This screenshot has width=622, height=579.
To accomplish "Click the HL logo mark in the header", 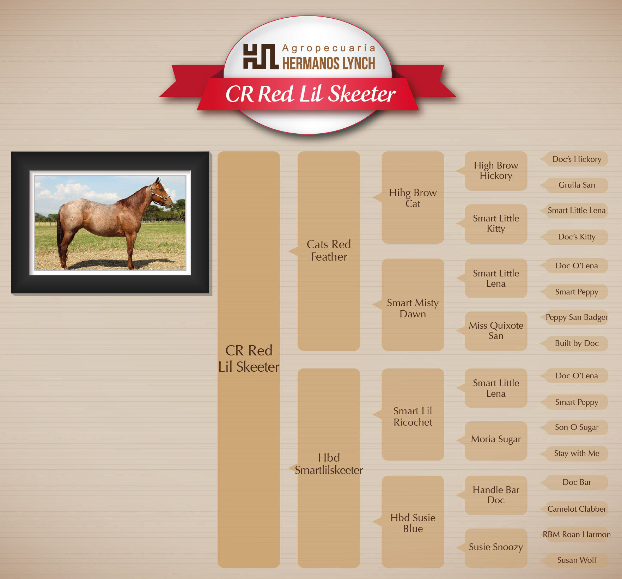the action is [x=261, y=56].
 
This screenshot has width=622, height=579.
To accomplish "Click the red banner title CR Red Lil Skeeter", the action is [x=310, y=94].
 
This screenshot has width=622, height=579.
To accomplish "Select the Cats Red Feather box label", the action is [x=329, y=250].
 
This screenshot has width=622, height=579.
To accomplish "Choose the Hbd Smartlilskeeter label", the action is [x=329, y=464].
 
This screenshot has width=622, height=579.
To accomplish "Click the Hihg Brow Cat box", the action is [x=413, y=197].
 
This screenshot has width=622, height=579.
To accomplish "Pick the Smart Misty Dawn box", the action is [x=413, y=305].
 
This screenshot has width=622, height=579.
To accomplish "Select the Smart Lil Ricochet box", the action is [x=413, y=414].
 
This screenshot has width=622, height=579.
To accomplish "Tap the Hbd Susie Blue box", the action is [x=413, y=522].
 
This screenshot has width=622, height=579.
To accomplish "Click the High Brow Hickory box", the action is [x=496, y=171].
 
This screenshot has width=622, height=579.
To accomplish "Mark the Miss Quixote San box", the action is [x=496, y=331].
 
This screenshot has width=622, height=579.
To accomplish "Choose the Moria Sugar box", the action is [x=496, y=441].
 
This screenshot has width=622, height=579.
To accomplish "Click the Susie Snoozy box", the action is [x=496, y=548].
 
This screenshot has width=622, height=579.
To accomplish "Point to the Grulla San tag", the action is [x=577, y=185].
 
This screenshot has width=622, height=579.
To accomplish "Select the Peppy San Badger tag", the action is [x=577, y=317].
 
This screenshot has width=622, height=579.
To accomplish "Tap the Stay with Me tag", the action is [x=577, y=453].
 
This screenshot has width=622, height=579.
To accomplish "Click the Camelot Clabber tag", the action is [x=577, y=509].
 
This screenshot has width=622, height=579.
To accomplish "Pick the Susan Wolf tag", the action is [x=577, y=560].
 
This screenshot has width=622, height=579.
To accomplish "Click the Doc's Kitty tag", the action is [x=577, y=237].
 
